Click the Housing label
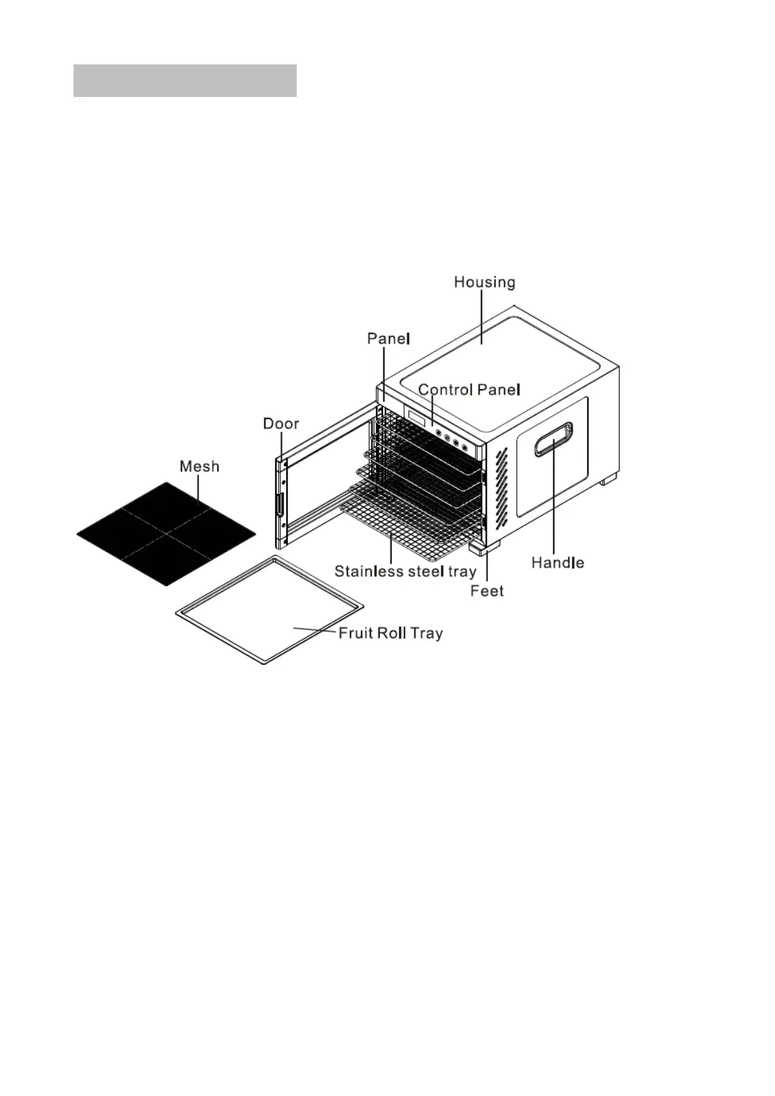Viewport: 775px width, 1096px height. pyautogui.click(x=484, y=282)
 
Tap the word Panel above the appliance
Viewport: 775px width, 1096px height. pyautogui.click(x=388, y=338)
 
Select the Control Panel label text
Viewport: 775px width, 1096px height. pyautogui.click(x=469, y=390)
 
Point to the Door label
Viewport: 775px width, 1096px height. pyautogui.click(x=280, y=424)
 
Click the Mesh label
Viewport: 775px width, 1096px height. pyautogui.click(x=199, y=467)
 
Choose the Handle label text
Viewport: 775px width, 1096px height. pyautogui.click(x=558, y=563)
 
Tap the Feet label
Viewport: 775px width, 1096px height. pyautogui.click(x=487, y=591)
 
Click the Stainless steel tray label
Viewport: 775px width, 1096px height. pyautogui.click(x=405, y=572)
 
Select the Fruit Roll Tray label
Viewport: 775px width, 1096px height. pyautogui.click(x=390, y=633)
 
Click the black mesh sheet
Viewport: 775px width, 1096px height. pyautogui.click(x=166, y=534)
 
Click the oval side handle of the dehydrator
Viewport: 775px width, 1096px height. pyautogui.click(x=554, y=439)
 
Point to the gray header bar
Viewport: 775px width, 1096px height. pyautogui.click(x=185, y=80)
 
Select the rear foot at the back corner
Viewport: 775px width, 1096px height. pyautogui.click(x=608, y=481)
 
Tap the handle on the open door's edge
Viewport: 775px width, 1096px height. pyautogui.click(x=280, y=504)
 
